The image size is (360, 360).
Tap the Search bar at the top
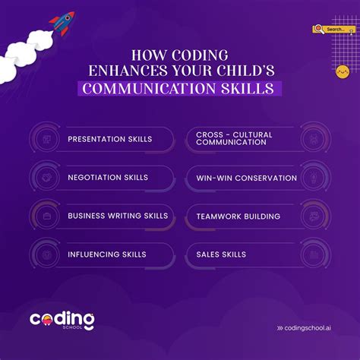334,30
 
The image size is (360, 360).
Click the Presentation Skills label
110,139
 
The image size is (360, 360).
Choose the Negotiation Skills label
108,177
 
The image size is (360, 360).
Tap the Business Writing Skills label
118,216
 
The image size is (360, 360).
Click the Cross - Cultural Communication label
234,139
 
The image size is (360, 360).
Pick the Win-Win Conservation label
246,178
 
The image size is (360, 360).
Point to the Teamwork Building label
238,216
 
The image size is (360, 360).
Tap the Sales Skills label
221,254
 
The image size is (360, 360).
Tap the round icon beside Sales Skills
313,254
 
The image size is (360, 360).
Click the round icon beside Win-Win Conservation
313,178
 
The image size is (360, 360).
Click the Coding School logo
62,320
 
